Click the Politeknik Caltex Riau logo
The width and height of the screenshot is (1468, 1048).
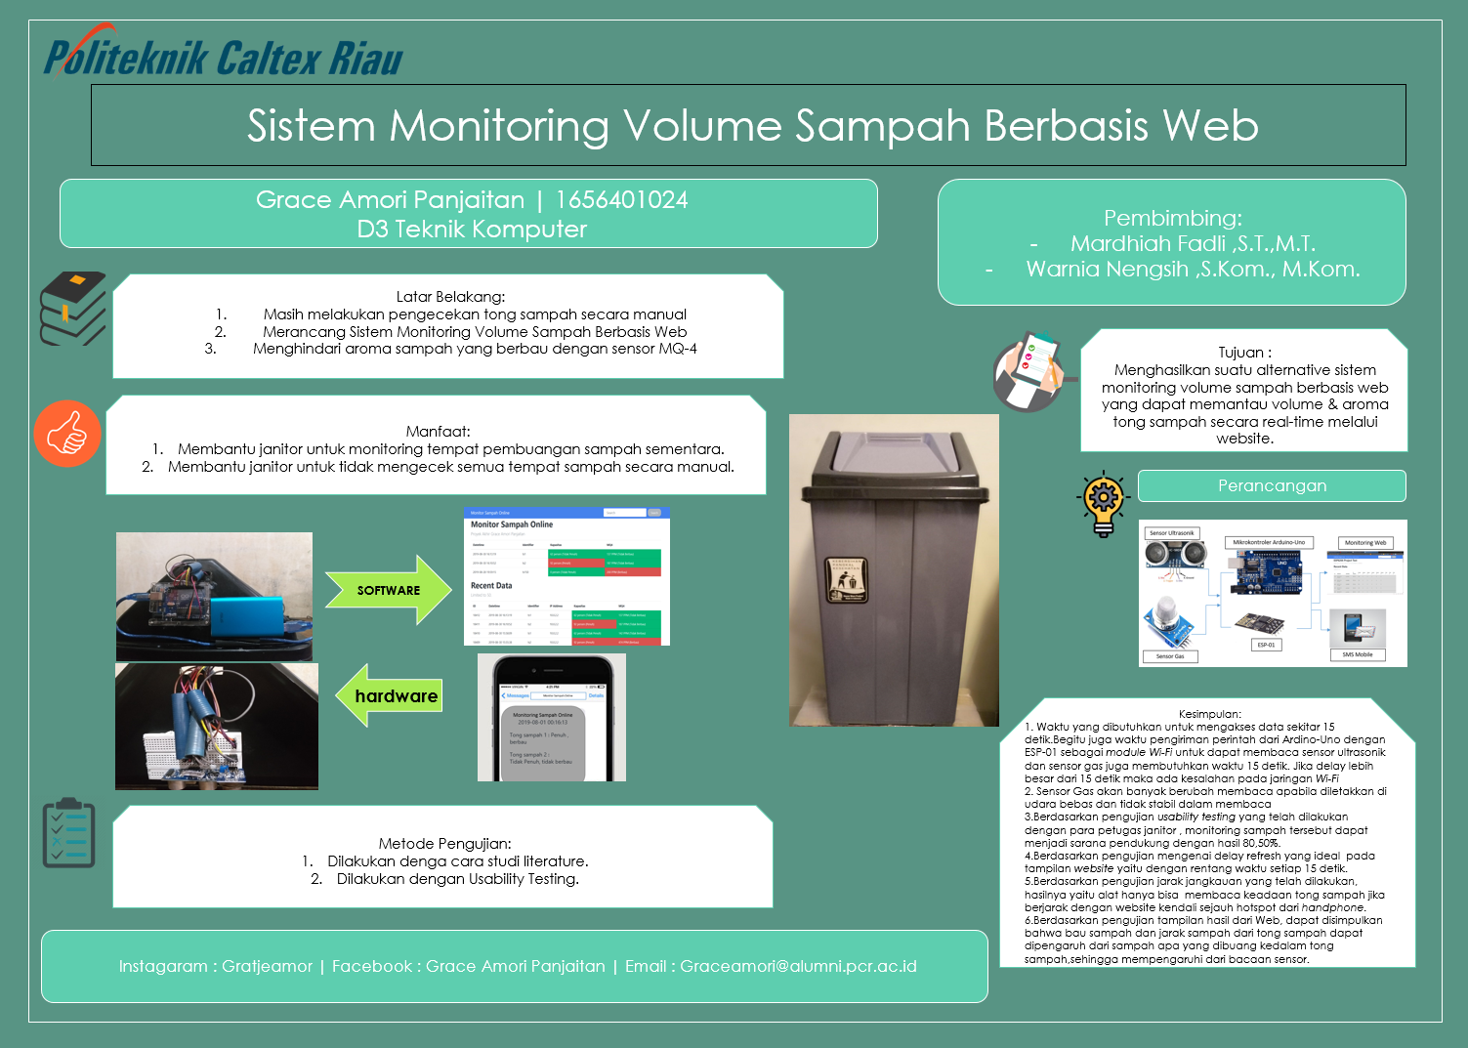pos(223,56)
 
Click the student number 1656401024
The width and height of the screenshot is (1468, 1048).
pos(621,200)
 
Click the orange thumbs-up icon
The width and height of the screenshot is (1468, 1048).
pos(67,434)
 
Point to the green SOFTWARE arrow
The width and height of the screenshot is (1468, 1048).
pos(388,590)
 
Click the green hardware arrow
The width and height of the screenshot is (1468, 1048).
pos(390,695)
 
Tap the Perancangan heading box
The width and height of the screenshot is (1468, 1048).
pos(1272,485)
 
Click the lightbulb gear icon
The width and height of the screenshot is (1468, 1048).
pos(1104,502)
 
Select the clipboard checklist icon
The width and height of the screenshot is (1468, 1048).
pos(69,834)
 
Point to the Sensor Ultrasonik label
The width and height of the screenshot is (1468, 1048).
pos(1171,533)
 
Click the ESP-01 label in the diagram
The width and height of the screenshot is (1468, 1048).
pos(1266,645)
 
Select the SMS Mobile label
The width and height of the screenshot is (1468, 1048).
pos(1357,654)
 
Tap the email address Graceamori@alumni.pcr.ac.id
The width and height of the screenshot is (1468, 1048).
pos(798,966)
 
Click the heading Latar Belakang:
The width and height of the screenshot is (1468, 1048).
pos(450,297)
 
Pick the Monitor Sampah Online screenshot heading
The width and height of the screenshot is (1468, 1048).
pos(512,524)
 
